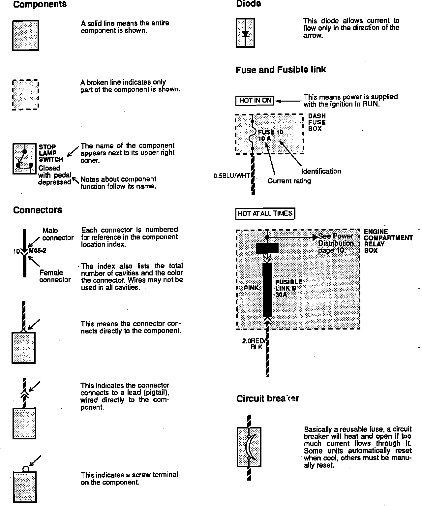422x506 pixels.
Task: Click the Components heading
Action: [x=40, y=5]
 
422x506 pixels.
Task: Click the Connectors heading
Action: [x=38, y=210]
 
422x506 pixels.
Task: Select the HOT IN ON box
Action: [x=255, y=101]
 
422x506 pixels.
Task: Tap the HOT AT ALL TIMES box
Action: [x=265, y=214]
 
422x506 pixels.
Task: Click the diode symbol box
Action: [x=245, y=33]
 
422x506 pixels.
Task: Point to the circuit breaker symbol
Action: [x=249, y=447]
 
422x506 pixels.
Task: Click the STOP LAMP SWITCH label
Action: [x=51, y=153]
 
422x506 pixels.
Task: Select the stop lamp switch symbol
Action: [x=24, y=159]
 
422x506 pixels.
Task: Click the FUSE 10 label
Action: [x=270, y=133]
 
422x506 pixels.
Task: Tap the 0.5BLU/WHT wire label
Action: [x=231, y=176]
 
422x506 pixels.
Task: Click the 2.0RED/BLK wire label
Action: [x=253, y=344]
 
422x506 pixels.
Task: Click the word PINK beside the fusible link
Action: [x=251, y=288]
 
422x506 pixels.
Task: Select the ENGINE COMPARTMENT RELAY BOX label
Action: [x=388, y=241]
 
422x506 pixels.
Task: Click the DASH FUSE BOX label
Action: [x=317, y=122]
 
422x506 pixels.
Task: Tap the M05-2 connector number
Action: [x=38, y=251]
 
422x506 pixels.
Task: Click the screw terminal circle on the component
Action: [x=26, y=469]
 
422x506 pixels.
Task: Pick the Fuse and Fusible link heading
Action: [x=281, y=70]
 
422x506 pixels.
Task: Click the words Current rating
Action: [x=289, y=181]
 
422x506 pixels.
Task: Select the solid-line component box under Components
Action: [x=26, y=35]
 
